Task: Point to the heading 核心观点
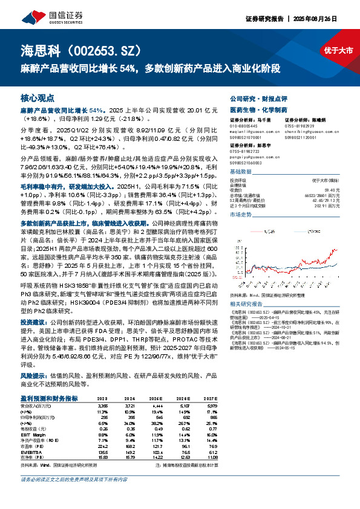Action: coord(38,97)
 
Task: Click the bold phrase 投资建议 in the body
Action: coord(33,322)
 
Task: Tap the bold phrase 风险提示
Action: coord(33,375)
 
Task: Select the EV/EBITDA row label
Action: coord(30,451)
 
